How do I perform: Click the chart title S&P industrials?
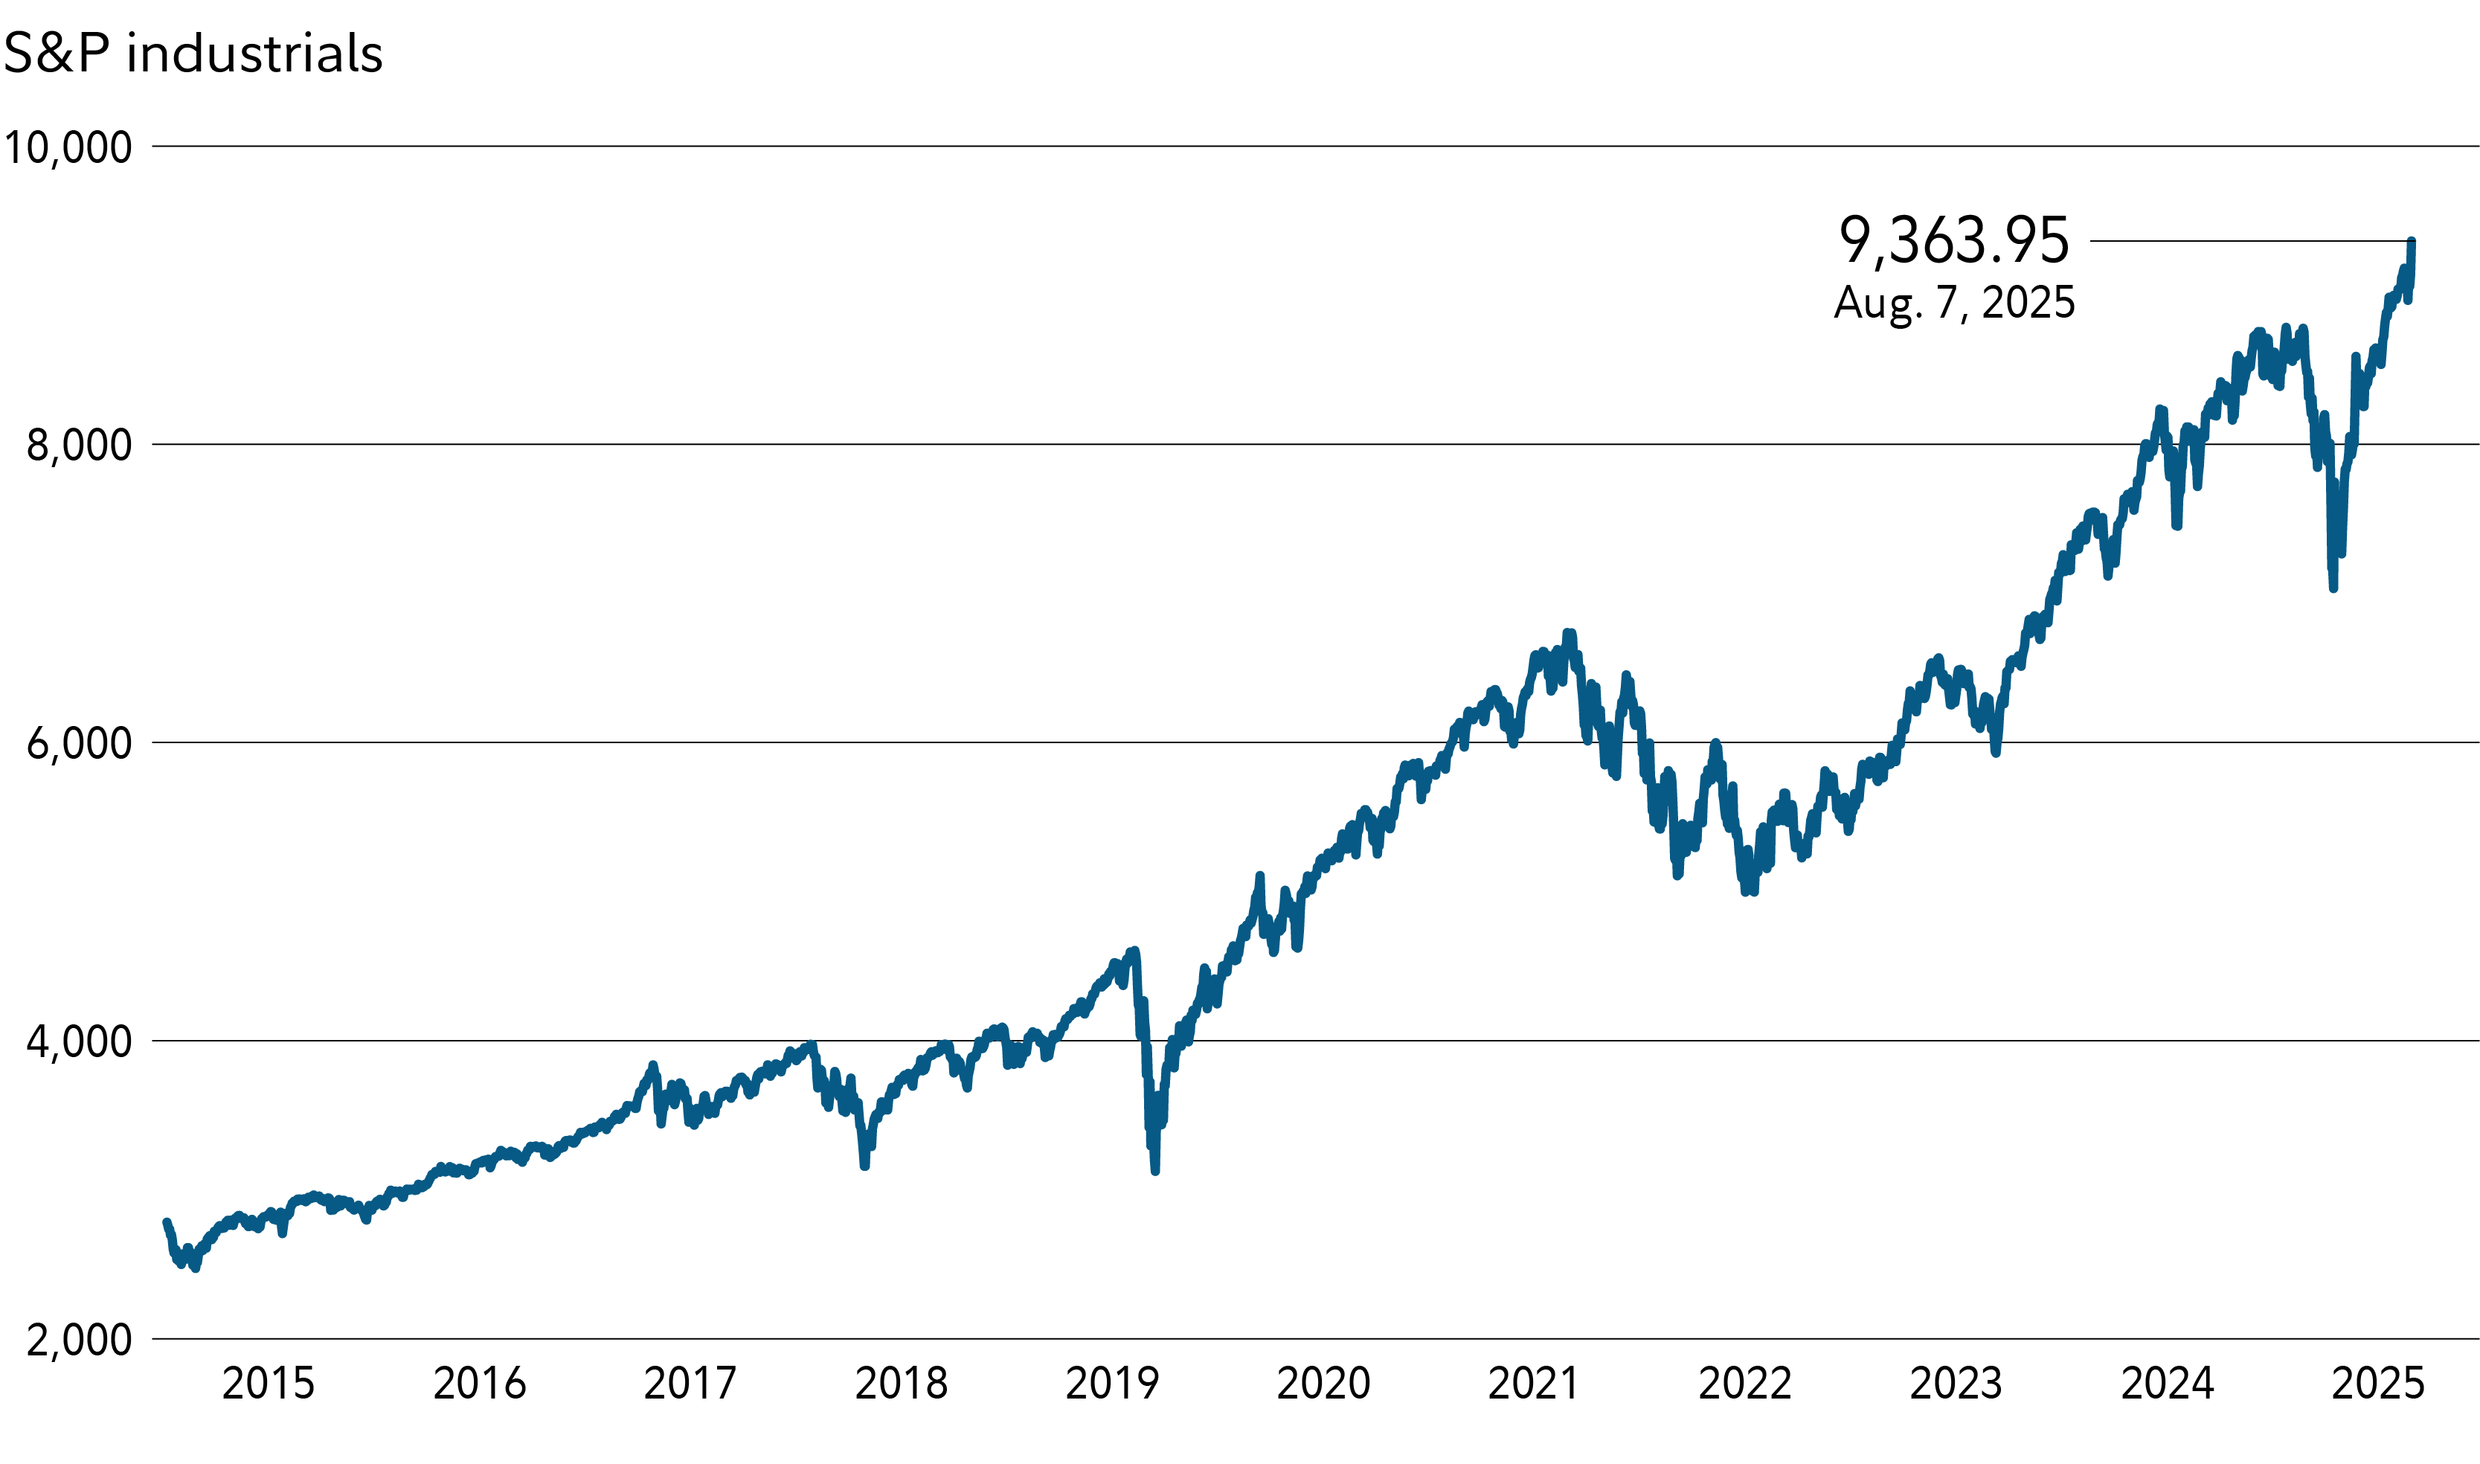pyautogui.click(x=193, y=54)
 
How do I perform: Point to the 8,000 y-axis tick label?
pyautogui.click(x=79, y=446)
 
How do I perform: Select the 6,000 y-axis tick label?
pyautogui.click(x=79, y=744)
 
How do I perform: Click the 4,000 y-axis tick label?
pyautogui.click(x=79, y=1041)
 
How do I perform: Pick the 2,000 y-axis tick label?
pyautogui.click(x=79, y=1341)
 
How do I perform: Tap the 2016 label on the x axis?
pyautogui.click(x=480, y=1384)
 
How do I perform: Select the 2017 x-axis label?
pyautogui.click(x=690, y=1384)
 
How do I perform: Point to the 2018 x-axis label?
pyautogui.click(x=901, y=1384)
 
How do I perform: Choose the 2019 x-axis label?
pyautogui.click(x=1112, y=1384)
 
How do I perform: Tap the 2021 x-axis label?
pyautogui.click(x=1533, y=1384)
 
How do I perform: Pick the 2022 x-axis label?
pyautogui.click(x=1744, y=1384)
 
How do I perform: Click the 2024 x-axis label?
pyautogui.click(x=2168, y=1384)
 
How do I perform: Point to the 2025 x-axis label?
pyautogui.click(x=2377, y=1384)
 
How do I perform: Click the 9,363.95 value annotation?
pyautogui.click(x=1953, y=241)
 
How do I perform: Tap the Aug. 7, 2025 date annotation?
pyautogui.click(x=1953, y=303)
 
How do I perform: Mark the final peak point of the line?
pyautogui.click(x=2411, y=242)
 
